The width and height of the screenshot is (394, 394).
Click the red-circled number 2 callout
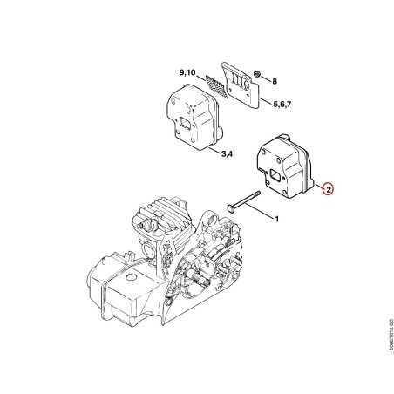pos(328,189)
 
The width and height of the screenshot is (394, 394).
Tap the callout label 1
pos(276,219)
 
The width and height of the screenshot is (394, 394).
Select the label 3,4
pos(227,153)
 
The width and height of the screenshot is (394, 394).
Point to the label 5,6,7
pos(282,104)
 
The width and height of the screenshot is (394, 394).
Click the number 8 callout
pos(275,81)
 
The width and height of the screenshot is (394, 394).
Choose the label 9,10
pos(187,72)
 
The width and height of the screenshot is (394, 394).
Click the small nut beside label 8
pos(256,74)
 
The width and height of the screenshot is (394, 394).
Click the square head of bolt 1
pos(230,208)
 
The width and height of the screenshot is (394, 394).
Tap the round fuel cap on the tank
pos(132,276)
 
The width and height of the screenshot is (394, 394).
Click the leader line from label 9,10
pos(201,78)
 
